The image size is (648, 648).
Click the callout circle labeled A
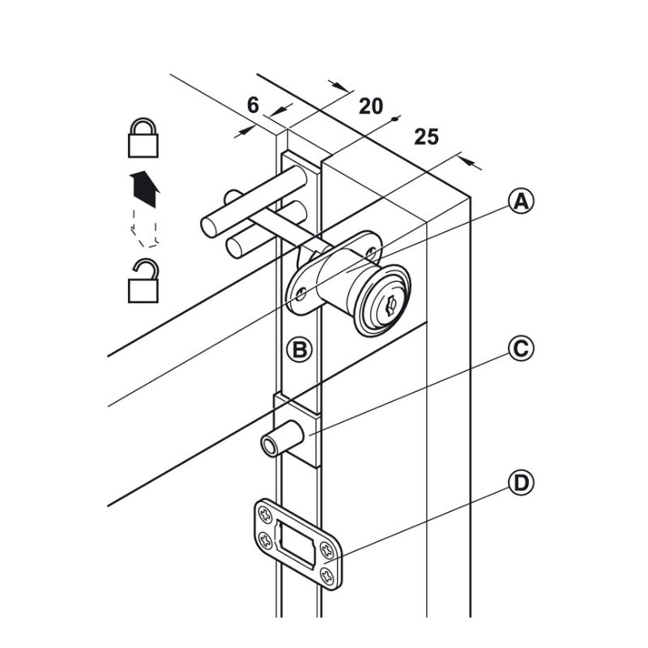coord(521,201)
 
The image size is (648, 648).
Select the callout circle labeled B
coord(299,350)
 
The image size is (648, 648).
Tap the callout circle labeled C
coord(521,349)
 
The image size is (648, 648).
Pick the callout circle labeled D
coord(521,484)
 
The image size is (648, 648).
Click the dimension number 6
coord(253,104)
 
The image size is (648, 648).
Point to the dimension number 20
coord(370,105)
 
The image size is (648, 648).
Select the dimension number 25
coord(426,136)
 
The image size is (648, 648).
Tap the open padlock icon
coord(143,281)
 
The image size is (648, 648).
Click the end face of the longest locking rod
coord(209,226)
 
